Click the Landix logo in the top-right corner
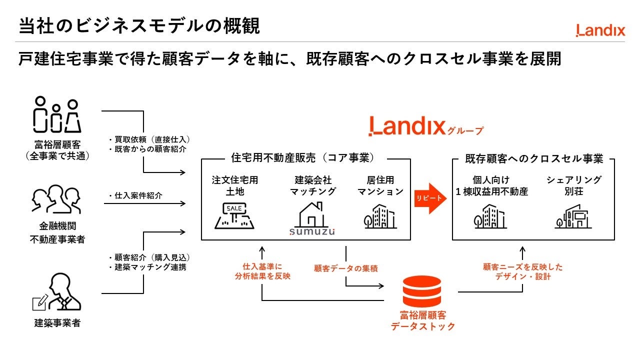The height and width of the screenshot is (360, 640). (600, 30)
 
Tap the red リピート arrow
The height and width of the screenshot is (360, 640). (430, 198)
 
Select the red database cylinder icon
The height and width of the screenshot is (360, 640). (421, 291)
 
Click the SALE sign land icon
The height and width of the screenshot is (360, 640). (234, 215)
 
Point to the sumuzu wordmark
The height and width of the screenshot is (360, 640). (312, 231)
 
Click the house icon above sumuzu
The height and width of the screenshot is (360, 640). (312, 214)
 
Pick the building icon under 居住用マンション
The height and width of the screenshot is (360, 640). (380, 216)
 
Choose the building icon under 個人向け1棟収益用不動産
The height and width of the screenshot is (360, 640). (490, 216)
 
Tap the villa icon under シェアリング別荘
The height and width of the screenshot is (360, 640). (573, 216)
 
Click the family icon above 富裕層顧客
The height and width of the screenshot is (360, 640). (57, 114)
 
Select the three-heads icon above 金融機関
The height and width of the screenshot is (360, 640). (56, 199)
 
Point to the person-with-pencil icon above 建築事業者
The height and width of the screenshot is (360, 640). (57, 291)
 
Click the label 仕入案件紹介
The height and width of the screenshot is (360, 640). (138, 195)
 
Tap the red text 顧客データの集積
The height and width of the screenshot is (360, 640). (345, 268)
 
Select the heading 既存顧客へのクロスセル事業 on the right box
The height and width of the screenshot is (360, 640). (534, 159)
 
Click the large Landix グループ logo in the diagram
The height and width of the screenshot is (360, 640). (425, 126)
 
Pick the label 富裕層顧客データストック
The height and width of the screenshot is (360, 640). (423, 321)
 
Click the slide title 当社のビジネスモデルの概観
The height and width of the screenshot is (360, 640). (139, 26)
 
